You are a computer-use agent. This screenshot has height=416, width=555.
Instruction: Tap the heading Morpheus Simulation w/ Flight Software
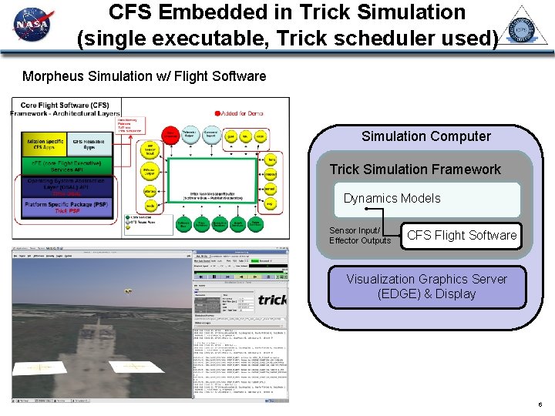coord(144,76)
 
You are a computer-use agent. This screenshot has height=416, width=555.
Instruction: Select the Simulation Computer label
coord(425,136)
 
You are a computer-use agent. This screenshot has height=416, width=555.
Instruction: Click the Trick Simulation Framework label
coord(415,169)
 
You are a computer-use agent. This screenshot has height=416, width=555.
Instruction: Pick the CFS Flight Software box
coord(461,235)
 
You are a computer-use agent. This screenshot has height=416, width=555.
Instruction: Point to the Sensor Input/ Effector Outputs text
coord(360,236)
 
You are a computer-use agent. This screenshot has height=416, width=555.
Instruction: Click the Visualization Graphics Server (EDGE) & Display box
coord(426,286)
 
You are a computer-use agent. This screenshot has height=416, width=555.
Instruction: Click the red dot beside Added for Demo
coord(218,112)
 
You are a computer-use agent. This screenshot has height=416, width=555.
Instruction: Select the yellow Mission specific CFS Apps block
coord(45,143)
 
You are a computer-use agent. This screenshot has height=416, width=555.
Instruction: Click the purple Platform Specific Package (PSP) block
coord(68,206)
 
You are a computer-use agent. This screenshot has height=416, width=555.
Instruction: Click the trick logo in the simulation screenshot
coord(271,299)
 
